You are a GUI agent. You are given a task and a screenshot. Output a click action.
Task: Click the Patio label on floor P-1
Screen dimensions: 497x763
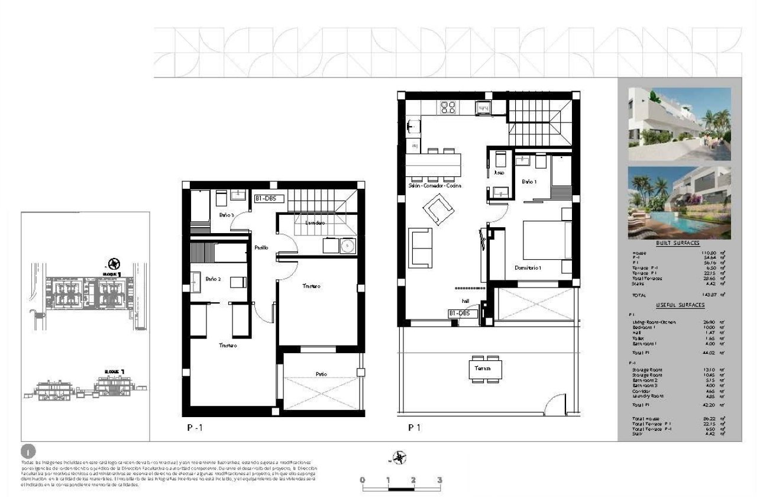point(321,374)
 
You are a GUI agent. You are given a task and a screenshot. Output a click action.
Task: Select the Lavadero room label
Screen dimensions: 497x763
point(315,223)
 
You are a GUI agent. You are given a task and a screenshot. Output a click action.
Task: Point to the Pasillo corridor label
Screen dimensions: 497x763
point(261,248)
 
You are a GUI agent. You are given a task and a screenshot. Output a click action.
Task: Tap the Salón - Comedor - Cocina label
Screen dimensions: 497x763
point(435,185)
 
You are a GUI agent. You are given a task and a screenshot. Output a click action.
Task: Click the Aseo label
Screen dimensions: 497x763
point(499,173)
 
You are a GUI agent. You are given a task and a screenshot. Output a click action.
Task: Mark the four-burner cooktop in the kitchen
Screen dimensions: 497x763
point(447,107)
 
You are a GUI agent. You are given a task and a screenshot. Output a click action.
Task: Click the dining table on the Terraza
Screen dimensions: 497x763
point(487,369)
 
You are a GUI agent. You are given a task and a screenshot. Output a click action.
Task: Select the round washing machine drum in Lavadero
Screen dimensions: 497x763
point(348,244)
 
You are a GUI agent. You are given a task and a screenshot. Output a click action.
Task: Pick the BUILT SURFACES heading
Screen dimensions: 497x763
point(677,243)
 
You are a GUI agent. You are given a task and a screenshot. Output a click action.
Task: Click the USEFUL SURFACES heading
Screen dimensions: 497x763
point(680,305)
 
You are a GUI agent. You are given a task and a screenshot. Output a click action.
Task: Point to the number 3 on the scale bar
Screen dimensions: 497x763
point(439,480)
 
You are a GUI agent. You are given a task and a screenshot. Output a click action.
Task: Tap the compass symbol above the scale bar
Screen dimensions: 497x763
point(400,457)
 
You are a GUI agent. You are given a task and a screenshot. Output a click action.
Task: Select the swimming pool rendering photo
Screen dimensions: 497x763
point(679,202)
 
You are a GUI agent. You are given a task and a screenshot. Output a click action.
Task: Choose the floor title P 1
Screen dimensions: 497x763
point(414,426)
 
